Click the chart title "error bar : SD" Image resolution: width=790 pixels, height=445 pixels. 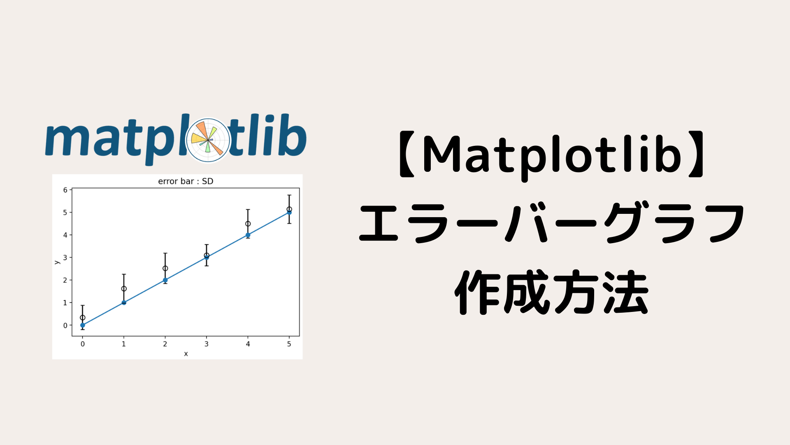point(186,181)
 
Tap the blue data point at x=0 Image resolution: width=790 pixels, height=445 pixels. point(83,325)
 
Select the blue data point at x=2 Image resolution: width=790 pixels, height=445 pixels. point(165,280)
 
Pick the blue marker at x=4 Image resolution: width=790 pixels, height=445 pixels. point(248,235)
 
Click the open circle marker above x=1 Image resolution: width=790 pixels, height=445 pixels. point(124,288)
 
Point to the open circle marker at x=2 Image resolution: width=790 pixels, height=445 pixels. point(165,268)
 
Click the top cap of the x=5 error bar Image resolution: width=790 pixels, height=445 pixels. point(289,195)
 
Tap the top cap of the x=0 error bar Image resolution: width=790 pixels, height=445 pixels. point(83,306)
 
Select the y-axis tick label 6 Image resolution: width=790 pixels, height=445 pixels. point(65,190)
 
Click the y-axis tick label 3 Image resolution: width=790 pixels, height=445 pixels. point(65,258)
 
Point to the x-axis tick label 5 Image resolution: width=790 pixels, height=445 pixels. point(289,344)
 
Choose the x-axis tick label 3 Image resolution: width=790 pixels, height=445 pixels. point(207,344)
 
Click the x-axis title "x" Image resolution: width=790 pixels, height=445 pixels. point(186,354)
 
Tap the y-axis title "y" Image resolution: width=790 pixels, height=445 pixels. point(57,262)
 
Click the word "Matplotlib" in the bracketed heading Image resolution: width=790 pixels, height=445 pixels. point(552,155)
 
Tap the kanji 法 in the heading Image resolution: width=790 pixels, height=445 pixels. point(626,293)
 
